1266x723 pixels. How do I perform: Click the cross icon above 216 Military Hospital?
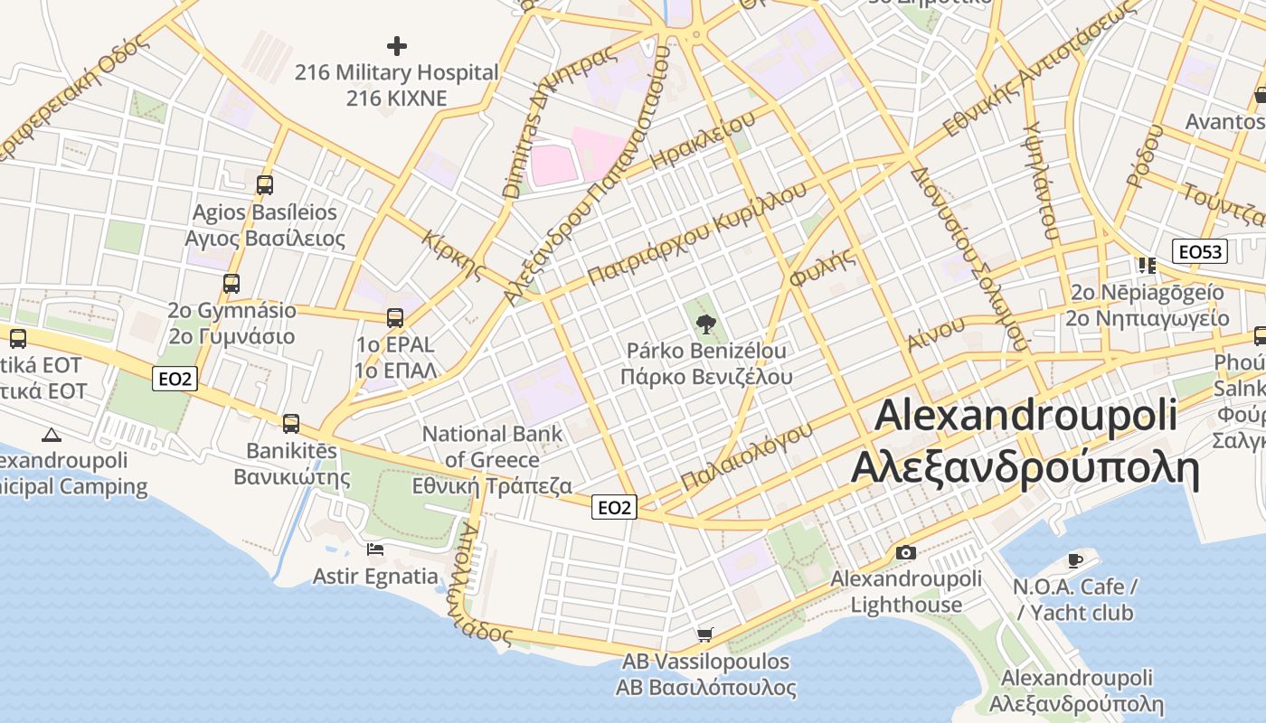[x=396, y=45]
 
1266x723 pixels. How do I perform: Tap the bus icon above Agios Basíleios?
[x=264, y=185]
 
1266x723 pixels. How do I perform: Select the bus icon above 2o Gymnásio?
[x=231, y=284]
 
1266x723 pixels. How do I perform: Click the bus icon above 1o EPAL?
[x=395, y=318]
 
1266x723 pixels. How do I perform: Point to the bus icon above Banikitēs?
[x=291, y=423]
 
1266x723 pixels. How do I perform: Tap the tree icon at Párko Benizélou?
[x=705, y=324]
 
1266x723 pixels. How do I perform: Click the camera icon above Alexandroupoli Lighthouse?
[x=905, y=552]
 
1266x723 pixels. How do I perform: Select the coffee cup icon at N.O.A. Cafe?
[x=1074, y=560]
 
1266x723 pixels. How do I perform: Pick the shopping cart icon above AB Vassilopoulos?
[x=704, y=634]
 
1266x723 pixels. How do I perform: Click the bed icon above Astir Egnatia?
[x=374, y=549]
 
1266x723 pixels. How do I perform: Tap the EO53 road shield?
[x=1199, y=251]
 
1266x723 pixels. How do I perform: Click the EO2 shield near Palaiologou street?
[x=614, y=507]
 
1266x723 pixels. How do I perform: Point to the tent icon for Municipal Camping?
[x=52, y=435]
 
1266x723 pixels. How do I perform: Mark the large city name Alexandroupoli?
[x=1025, y=415]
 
